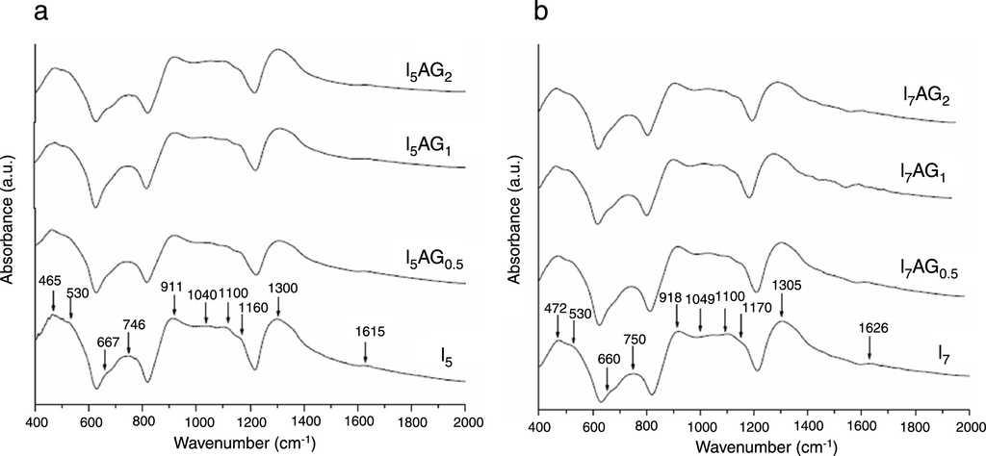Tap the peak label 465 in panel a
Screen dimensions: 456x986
[50, 280]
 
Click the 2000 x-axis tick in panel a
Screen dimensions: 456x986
[466, 421]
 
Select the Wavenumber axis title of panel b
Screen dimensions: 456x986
[754, 445]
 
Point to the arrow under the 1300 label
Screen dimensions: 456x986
[278, 307]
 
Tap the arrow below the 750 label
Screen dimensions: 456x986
[633, 359]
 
